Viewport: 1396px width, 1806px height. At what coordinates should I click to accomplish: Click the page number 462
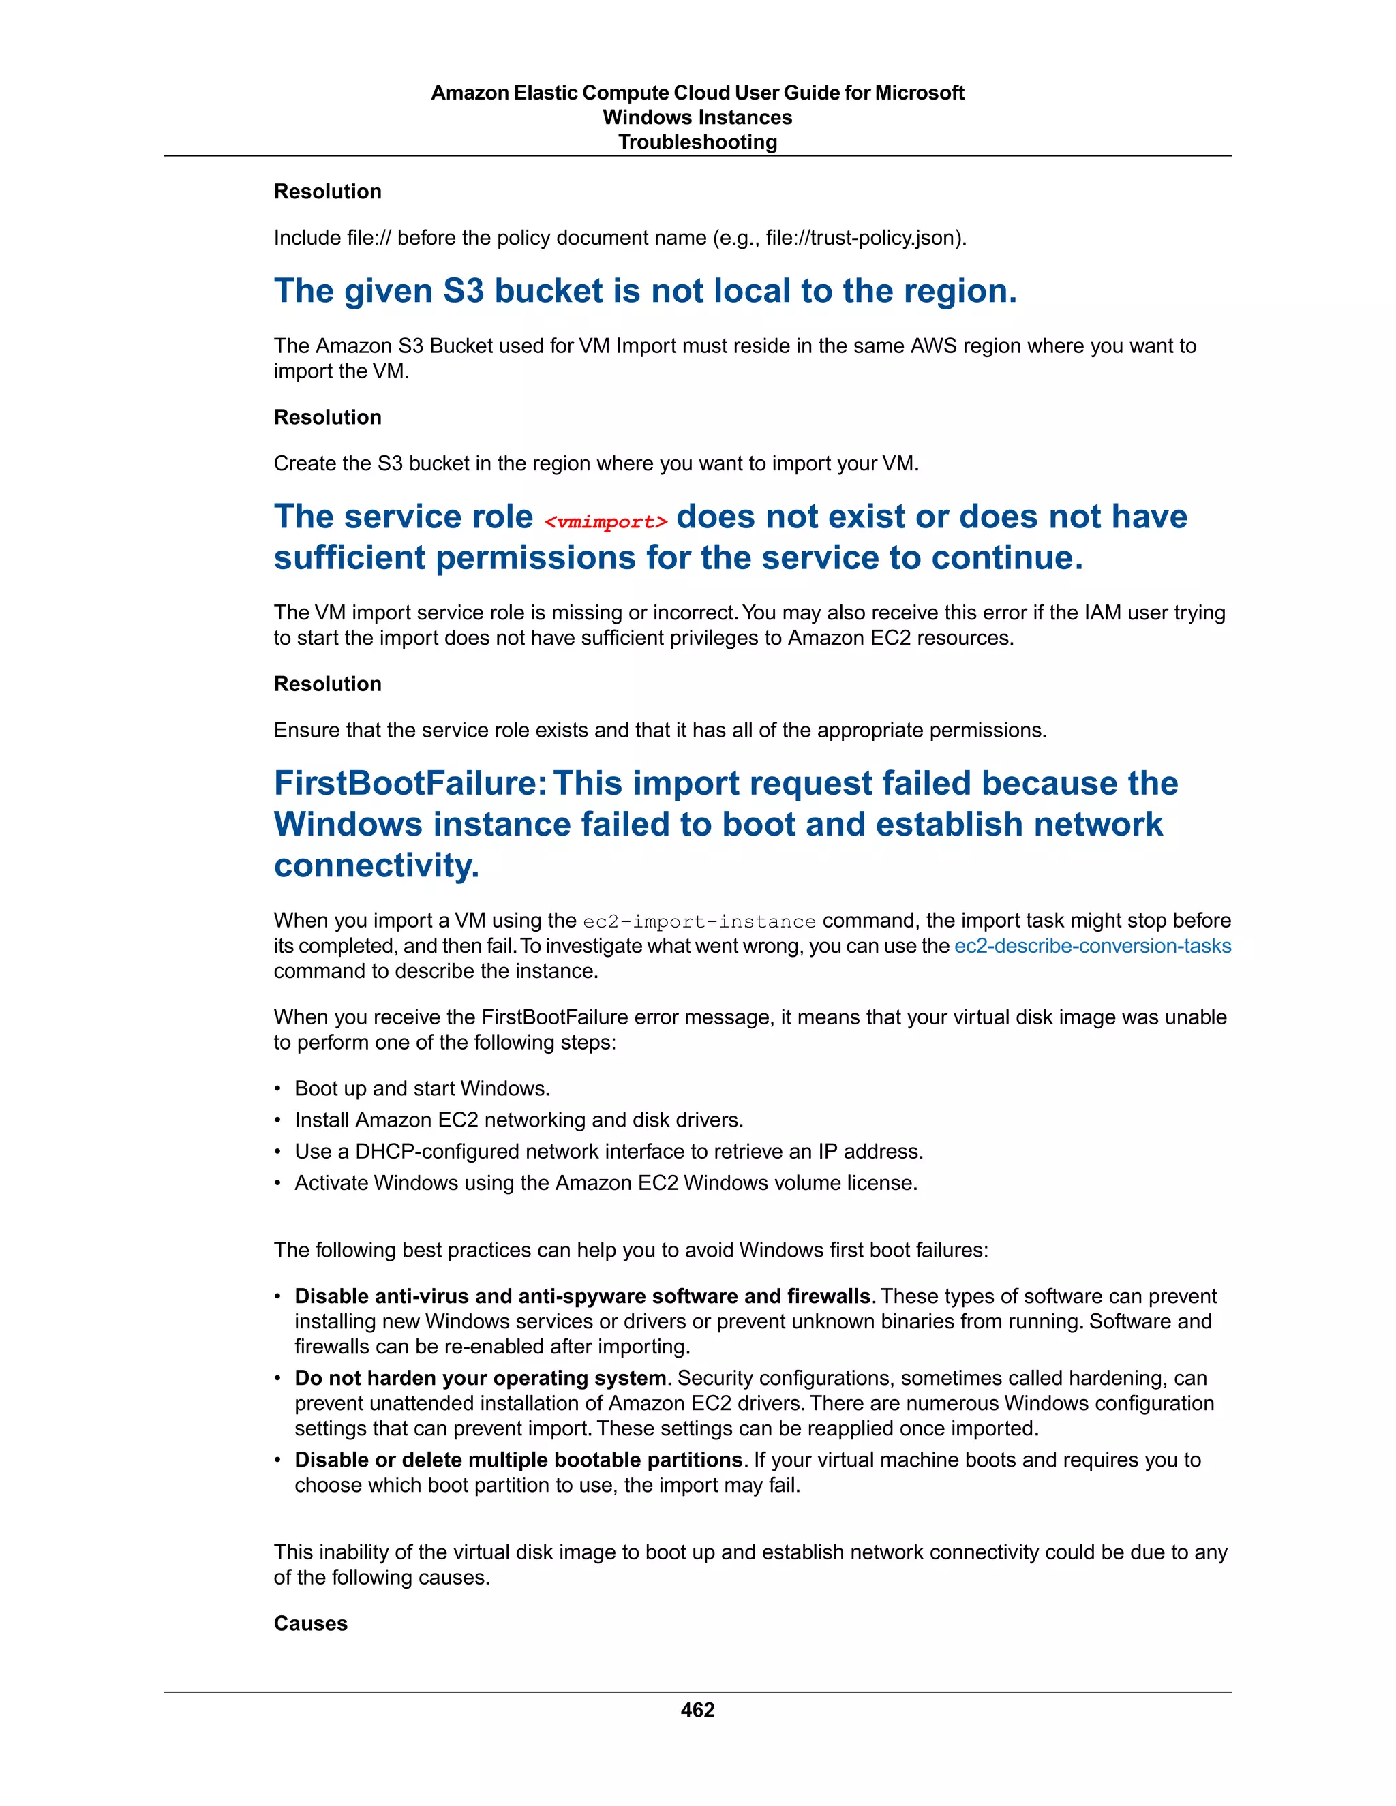697,1709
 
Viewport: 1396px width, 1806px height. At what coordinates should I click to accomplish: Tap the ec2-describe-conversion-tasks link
1092,945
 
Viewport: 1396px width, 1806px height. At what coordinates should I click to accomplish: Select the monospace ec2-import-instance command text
699,921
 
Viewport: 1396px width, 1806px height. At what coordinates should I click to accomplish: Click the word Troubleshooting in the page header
697,142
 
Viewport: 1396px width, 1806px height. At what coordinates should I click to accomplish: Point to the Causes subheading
310,1623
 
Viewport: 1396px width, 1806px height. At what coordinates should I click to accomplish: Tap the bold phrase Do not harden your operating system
480,1377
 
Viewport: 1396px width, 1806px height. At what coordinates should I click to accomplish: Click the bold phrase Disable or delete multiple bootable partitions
518,1460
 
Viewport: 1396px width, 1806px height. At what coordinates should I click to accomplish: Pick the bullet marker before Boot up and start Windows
278,1089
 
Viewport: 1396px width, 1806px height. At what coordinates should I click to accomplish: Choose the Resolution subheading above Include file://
327,192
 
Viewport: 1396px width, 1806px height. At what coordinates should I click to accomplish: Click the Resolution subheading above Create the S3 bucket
327,417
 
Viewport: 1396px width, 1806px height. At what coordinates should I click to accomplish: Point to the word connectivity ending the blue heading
376,866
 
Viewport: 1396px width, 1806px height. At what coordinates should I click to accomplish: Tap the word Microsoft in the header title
919,93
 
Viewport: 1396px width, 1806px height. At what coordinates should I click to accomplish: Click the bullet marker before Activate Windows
278,1183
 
